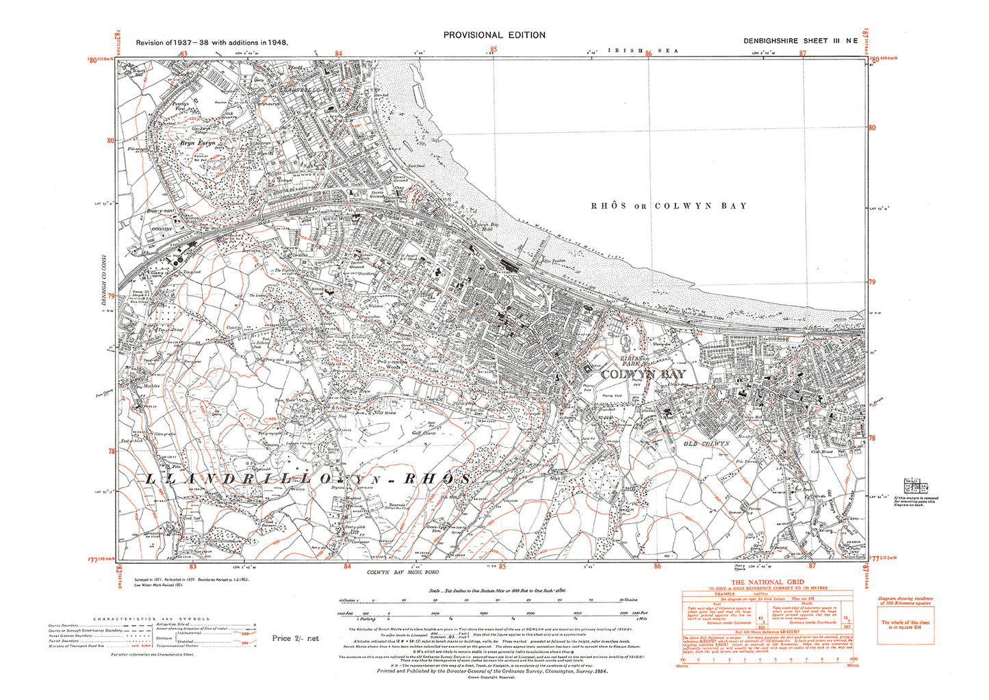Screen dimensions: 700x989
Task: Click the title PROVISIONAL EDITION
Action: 494,35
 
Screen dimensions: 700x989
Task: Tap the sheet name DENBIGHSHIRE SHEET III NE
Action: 801,41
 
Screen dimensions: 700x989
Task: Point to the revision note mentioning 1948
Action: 211,42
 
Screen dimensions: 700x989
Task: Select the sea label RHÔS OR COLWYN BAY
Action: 669,205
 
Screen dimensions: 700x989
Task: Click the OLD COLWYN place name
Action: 707,444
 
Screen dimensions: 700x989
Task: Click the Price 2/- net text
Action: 295,638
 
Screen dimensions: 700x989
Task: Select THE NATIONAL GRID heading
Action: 767,583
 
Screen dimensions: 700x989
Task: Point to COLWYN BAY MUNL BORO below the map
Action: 402,572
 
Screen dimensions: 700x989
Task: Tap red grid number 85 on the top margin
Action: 493,50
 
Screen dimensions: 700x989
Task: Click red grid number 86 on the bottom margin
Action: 657,566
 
